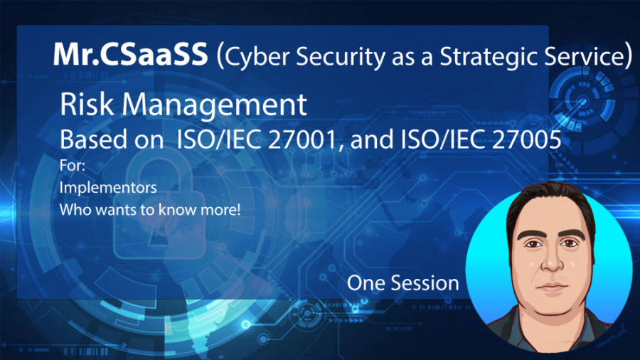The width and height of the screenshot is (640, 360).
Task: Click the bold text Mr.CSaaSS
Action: tap(130, 55)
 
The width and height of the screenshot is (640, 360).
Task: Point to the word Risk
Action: tap(87, 104)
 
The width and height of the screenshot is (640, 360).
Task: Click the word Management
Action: tap(214, 105)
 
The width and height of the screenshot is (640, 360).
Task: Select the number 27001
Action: tap(303, 139)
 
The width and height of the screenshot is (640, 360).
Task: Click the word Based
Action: tap(88, 139)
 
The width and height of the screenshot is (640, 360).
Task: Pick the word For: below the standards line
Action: tap(73, 165)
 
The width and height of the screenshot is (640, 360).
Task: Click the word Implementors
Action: tap(108, 187)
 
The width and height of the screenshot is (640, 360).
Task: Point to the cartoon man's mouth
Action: tap(553, 287)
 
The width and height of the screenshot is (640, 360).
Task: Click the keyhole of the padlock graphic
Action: tap(156, 234)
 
